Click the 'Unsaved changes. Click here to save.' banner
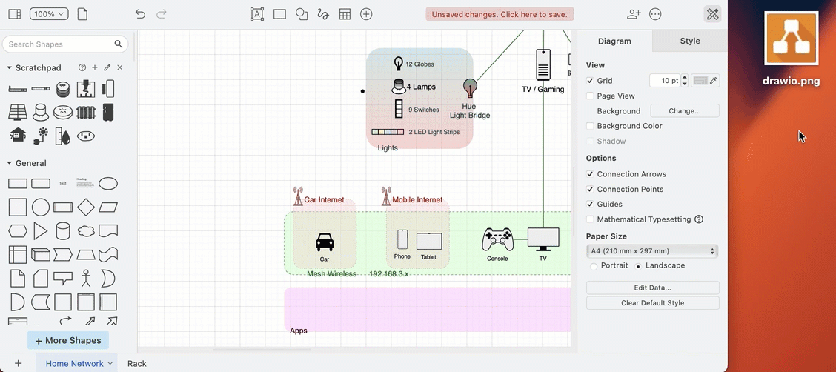pyautogui.click(x=500, y=14)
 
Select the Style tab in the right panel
pyautogui.click(x=689, y=41)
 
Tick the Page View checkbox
pyautogui.click(x=590, y=96)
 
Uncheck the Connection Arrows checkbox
pyautogui.click(x=590, y=174)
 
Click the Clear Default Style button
pyautogui.click(x=652, y=303)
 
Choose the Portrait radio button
pyautogui.click(x=594, y=266)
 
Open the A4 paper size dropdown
pyautogui.click(x=652, y=251)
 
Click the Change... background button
pyautogui.click(x=684, y=111)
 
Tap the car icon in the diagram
pyautogui.click(x=325, y=242)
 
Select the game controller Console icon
pyautogui.click(x=497, y=239)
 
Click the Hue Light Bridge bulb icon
pyautogui.click(x=469, y=88)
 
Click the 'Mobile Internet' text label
pyautogui.click(x=417, y=200)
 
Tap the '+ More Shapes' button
pyautogui.click(x=68, y=341)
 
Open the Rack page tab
pyautogui.click(x=137, y=364)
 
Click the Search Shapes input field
pyautogui.click(x=59, y=44)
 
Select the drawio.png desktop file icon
pyautogui.click(x=791, y=39)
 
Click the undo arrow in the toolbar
pyautogui.click(x=140, y=14)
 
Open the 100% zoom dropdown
pyautogui.click(x=49, y=14)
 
